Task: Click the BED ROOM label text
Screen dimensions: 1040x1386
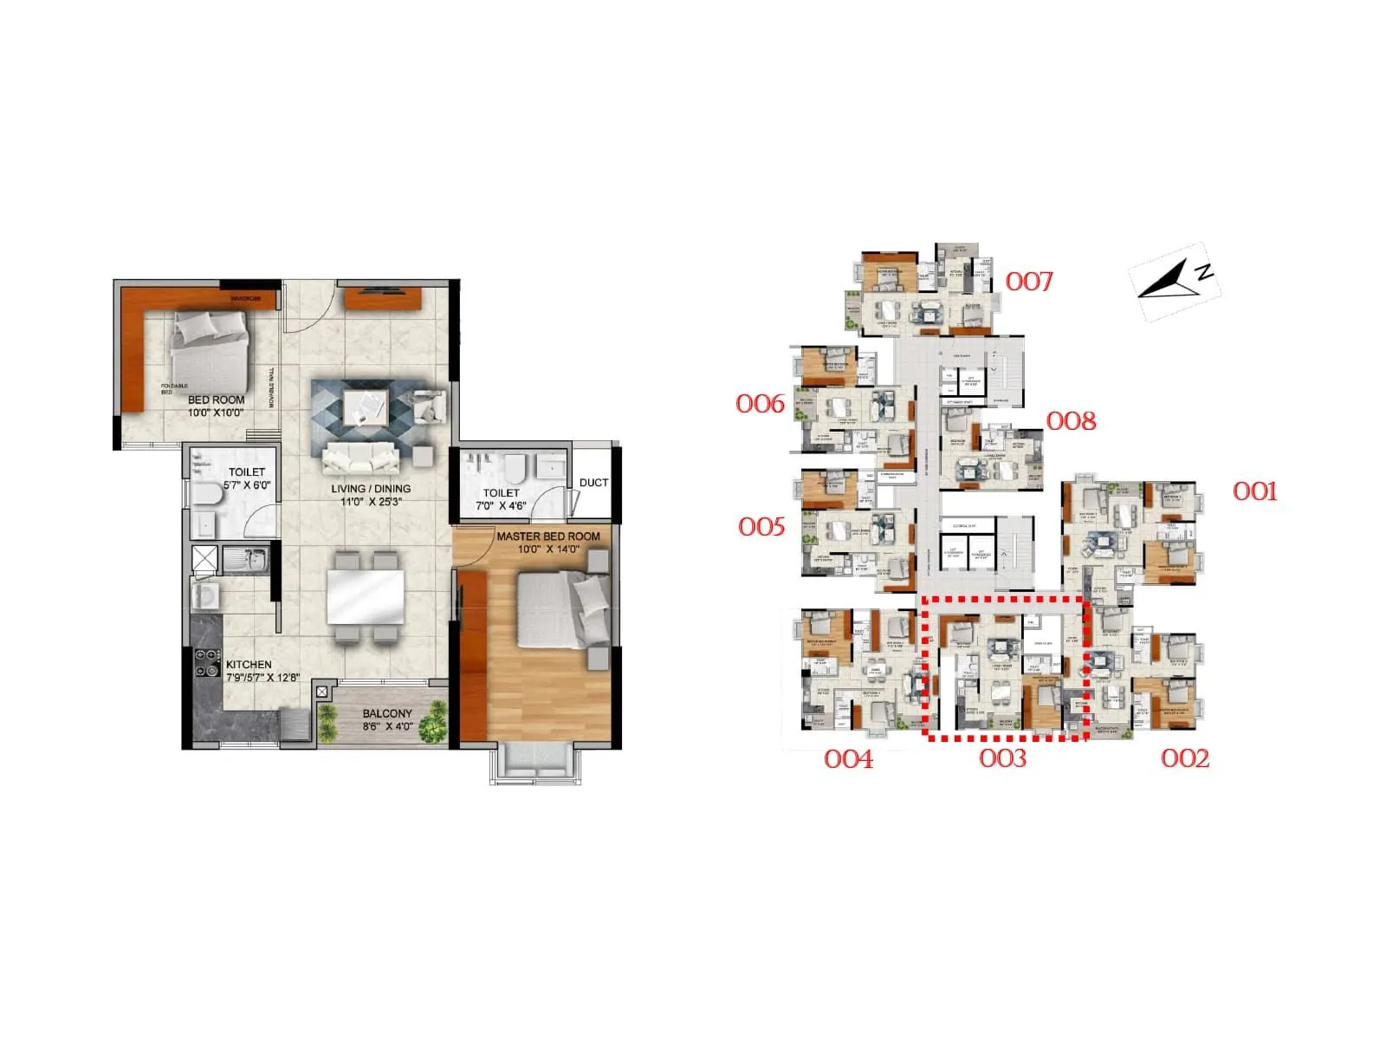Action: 217,400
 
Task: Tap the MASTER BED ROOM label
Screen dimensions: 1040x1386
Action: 547,536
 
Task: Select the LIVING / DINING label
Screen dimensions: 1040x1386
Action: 371,489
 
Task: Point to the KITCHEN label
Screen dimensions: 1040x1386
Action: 249,665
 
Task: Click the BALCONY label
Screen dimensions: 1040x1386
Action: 387,714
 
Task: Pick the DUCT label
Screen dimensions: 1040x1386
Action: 593,483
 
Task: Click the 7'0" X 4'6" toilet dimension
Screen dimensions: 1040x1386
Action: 501,505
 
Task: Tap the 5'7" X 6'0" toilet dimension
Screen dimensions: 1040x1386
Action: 247,485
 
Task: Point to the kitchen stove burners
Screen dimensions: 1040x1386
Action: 207,663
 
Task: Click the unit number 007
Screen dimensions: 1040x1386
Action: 1028,282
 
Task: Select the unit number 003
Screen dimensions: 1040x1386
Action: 1002,758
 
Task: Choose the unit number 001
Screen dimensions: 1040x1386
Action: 1254,492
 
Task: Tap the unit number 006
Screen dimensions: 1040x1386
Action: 760,404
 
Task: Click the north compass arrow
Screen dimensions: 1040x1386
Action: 1169,280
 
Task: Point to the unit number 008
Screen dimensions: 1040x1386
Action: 1072,421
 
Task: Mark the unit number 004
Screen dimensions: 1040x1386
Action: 848,759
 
